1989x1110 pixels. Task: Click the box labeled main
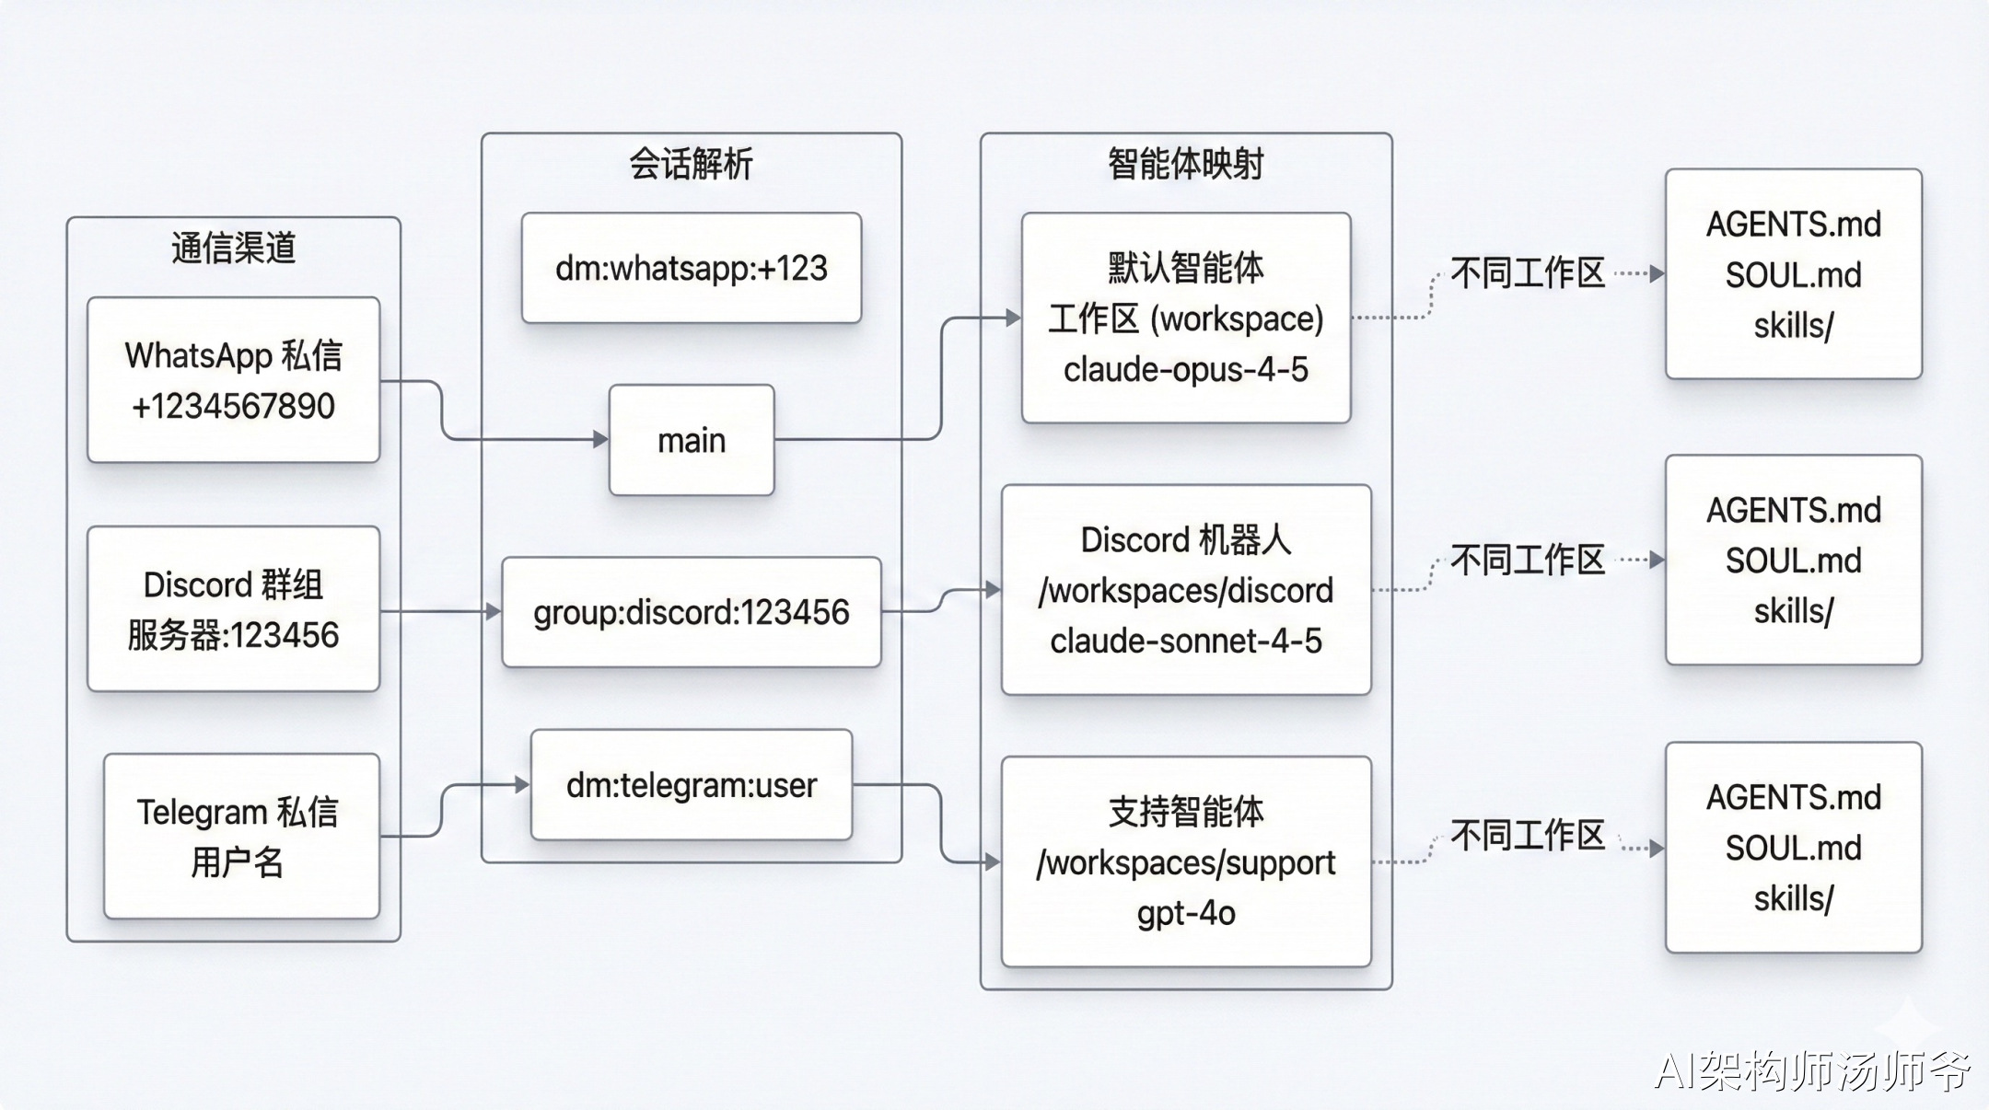[692, 440]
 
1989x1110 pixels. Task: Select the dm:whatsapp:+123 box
[692, 268]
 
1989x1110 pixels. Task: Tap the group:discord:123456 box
[692, 612]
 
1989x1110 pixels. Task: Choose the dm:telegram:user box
[692, 785]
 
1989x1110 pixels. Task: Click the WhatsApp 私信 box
[233, 379]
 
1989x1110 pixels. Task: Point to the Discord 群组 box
[233, 608]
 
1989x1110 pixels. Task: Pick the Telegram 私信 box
[241, 836]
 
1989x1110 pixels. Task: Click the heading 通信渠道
[233, 248]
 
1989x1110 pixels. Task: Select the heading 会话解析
[692, 164]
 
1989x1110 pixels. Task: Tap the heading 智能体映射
[1185, 164]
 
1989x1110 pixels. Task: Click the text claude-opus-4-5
[1185, 370]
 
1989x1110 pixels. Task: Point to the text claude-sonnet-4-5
[1185, 641]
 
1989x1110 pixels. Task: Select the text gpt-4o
[1185, 913]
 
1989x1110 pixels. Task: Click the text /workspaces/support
[1185, 863]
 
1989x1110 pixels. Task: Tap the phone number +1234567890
[233, 406]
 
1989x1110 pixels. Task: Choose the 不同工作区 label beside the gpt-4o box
[1528, 836]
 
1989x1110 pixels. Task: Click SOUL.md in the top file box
[1793, 275]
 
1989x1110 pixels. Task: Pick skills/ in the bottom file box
[1793, 898]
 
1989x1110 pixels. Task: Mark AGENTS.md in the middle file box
[1793, 510]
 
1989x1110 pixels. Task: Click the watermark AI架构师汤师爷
[1811, 1070]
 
